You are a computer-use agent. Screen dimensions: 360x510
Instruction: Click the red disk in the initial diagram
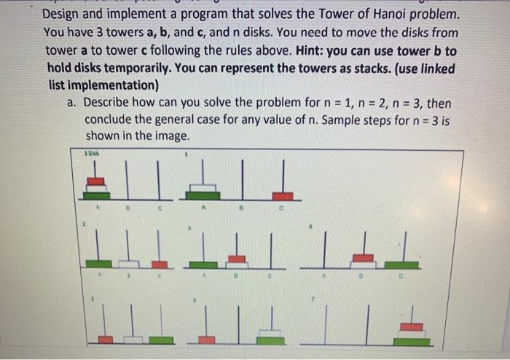coord(95,181)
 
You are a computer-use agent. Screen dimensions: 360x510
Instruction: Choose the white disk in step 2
coord(129,263)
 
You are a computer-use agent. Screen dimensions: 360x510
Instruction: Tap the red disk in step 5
coord(106,340)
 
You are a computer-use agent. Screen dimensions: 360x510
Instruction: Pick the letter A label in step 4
coord(323,278)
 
